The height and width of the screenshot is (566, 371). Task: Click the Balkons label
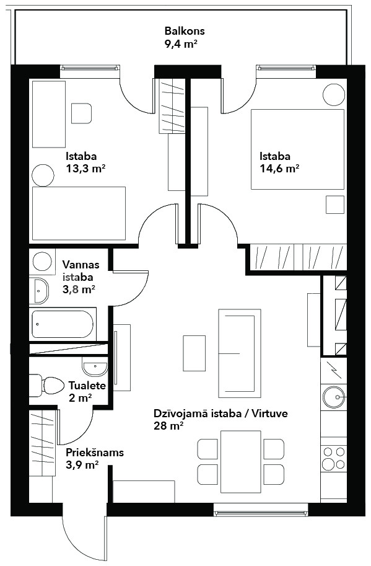coord(185,31)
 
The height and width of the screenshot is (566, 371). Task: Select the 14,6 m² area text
coord(279,169)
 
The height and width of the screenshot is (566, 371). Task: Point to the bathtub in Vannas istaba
coord(63,324)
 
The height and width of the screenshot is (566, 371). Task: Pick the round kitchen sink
coord(334,397)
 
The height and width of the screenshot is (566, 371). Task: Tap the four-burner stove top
coord(334,458)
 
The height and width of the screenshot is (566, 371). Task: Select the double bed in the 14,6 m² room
coord(297,149)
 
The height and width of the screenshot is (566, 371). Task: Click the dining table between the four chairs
coord(241,462)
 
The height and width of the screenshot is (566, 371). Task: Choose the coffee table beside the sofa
coord(194,353)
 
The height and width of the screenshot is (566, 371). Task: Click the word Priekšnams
coord(95,453)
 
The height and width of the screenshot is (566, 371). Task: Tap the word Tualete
coord(87,386)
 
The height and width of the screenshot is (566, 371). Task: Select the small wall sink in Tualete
coord(95,368)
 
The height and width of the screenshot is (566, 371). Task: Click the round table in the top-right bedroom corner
coord(334,95)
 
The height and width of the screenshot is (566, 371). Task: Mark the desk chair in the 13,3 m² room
coord(82,113)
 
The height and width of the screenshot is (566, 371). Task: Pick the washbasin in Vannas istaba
coord(39,291)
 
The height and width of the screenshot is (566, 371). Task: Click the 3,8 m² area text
coord(79,290)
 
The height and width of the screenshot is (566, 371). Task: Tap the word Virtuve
coord(269,413)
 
